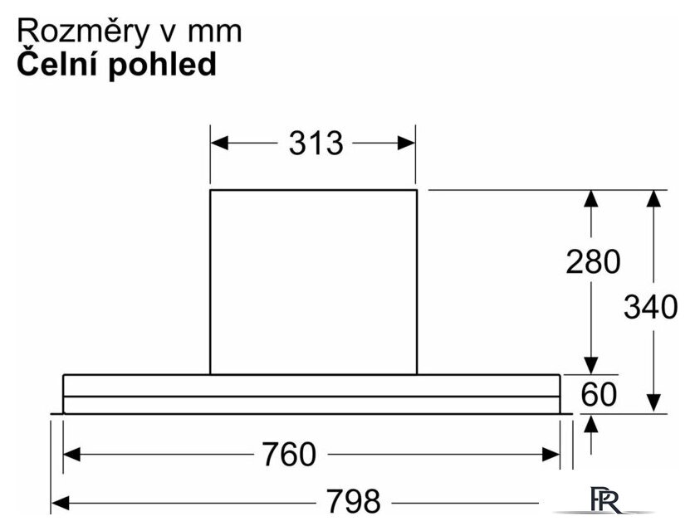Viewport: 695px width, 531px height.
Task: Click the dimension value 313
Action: [316, 143]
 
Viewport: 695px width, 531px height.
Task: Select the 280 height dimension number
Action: [593, 261]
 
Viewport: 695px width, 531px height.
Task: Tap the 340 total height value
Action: [650, 306]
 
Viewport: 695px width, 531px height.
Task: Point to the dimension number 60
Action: [599, 394]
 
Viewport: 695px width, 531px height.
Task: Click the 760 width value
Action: [289, 455]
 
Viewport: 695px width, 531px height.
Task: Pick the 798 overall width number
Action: [353, 501]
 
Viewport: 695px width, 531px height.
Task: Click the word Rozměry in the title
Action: [82, 32]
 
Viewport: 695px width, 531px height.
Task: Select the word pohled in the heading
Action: [162, 65]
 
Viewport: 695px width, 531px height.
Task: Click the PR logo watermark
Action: [605, 500]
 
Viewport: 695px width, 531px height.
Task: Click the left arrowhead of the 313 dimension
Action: [219, 143]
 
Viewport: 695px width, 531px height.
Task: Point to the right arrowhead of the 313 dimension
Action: [406, 143]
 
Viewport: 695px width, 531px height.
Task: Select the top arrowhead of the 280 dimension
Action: [591, 199]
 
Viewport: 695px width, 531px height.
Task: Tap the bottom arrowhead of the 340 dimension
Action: [653, 403]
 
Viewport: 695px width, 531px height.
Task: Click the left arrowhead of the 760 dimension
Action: [72, 455]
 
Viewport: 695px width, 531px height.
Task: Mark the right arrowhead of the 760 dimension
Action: [551, 455]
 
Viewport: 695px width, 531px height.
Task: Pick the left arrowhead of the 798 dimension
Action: [61, 503]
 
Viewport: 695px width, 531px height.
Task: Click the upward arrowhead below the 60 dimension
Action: [591, 424]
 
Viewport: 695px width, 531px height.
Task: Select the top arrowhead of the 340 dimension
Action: [653, 199]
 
